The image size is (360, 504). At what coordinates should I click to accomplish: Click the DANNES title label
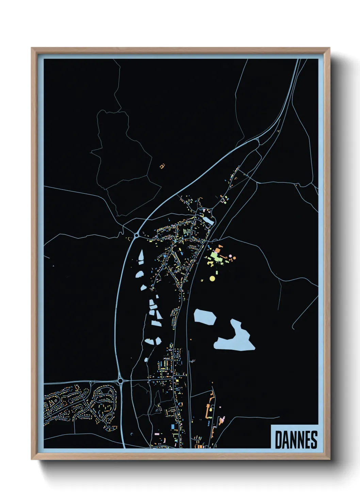[x=295, y=439]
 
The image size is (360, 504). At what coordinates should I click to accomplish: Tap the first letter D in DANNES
[x=278, y=440]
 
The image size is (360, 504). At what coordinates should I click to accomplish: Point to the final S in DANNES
[x=314, y=440]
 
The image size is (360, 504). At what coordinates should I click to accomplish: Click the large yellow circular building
[x=212, y=279]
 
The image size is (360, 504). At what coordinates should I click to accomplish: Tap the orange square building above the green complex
[x=218, y=250]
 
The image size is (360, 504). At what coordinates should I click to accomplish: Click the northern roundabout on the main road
[x=136, y=235]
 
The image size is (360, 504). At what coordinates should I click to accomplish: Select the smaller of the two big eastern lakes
[x=205, y=317]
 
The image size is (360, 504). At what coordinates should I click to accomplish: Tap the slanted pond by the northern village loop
[x=208, y=221]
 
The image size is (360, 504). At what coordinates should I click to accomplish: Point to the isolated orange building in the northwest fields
[x=162, y=166]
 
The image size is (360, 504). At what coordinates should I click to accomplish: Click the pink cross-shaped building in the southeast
[x=222, y=420]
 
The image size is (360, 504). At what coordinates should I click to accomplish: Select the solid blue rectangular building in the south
[x=173, y=427]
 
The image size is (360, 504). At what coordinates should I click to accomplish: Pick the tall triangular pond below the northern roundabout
[x=141, y=256]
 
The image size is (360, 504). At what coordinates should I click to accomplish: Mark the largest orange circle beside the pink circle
[x=234, y=258]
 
